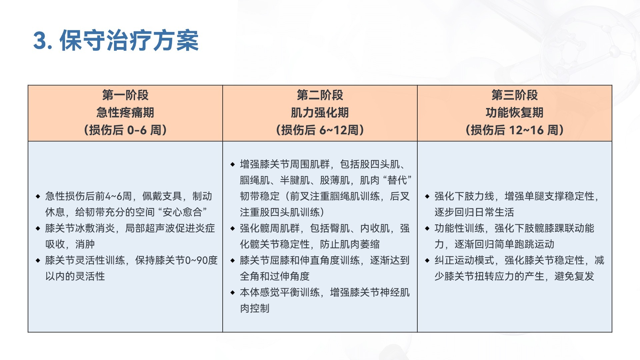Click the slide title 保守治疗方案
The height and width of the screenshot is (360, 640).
tap(129, 41)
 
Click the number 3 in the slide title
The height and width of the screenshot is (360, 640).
tap(40, 41)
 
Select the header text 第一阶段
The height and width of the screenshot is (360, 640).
tap(125, 95)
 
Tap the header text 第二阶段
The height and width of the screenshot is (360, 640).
tap(320, 95)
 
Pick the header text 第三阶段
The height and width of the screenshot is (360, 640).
tap(515, 95)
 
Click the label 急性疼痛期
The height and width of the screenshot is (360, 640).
tap(125, 113)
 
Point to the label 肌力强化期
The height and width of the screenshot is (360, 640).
tap(320, 113)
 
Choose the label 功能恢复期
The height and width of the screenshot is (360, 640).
tap(515, 113)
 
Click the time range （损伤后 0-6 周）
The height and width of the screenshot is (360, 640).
tap(125, 130)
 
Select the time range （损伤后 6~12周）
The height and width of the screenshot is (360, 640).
tap(320, 130)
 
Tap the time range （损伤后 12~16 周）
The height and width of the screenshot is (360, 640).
tap(515, 130)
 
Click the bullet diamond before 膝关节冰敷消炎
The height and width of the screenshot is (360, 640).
tap(38, 228)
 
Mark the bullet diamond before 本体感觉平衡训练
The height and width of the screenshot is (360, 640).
tap(232, 292)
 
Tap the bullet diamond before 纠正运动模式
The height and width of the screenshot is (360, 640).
tap(427, 260)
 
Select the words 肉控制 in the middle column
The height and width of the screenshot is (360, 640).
tap(255, 308)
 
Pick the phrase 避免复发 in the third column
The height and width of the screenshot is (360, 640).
tap(574, 276)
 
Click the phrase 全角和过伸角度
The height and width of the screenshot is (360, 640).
tap(275, 276)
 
